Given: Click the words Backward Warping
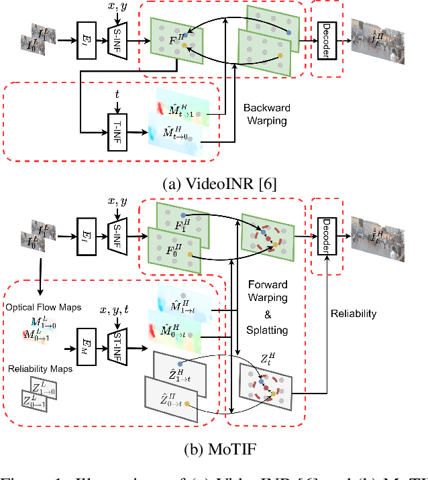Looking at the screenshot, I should pyautogui.click(x=267, y=114).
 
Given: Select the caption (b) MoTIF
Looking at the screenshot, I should pyautogui.click(x=214, y=448).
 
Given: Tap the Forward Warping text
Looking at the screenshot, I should pyautogui.click(x=266, y=291).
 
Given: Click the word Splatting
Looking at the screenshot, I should pyautogui.click(x=266, y=330).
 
